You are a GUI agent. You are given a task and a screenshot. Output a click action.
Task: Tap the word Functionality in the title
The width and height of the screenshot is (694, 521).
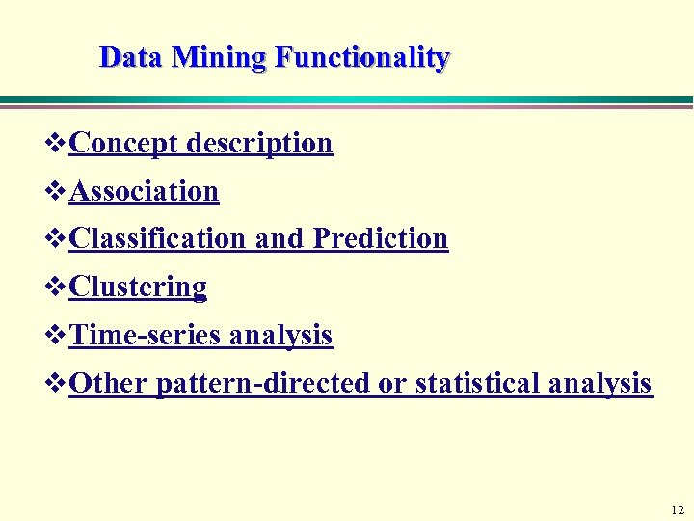coord(361,58)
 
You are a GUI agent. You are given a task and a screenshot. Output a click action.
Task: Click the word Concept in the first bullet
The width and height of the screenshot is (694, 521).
coord(123,143)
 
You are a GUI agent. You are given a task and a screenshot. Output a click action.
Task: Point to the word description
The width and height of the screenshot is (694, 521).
coord(259,143)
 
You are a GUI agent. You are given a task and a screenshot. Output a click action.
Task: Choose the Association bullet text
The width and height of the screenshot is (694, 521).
coord(145,191)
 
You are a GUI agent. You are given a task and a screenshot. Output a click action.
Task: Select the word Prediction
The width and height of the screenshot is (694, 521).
coord(381,238)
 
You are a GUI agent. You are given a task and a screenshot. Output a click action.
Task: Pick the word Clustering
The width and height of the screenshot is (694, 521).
coord(138,287)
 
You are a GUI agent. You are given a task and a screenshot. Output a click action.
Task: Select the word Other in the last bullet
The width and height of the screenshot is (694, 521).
coord(108,383)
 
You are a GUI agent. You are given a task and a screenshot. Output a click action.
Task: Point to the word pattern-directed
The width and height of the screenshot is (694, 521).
coord(263,383)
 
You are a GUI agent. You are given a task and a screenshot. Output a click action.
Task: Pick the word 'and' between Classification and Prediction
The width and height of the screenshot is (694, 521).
coord(280,238)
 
